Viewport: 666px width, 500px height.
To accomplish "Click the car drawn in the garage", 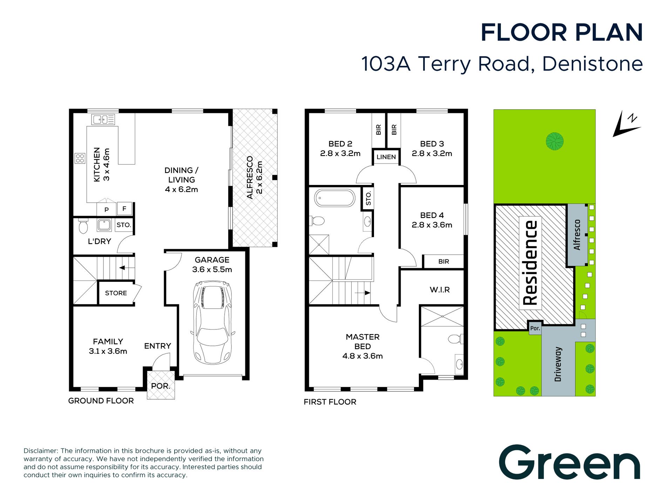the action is (x=212, y=322).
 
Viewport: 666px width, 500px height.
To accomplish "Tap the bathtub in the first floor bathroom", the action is (x=335, y=198).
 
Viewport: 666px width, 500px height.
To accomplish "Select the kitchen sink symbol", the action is (x=103, y=119).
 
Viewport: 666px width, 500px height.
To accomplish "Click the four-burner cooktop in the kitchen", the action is (x=80, y=158).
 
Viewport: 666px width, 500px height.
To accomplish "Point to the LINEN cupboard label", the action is (x=386, y=157).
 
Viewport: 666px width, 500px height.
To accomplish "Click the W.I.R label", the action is (x=440, y=290).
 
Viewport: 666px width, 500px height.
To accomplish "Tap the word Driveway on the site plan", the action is (x=558, y=364).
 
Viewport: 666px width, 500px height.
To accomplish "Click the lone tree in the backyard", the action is (x=555, y=141).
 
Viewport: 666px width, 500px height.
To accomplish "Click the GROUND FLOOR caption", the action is (x=101, y=401).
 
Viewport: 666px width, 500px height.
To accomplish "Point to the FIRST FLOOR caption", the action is (x=330, y=402).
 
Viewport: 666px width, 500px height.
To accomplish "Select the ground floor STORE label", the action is (x=116, y=293).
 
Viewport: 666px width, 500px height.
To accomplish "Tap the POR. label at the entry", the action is (x=161, y=386).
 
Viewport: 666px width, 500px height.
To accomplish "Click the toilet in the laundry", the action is (x=83, y=226).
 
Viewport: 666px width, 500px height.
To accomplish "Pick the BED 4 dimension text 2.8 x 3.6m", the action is (x=432, y=225).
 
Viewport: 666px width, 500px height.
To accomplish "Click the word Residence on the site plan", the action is (x=530, y=263).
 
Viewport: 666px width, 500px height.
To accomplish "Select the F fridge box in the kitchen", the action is (x=124, y=208).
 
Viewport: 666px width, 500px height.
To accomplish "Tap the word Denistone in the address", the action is (x=592, y=64).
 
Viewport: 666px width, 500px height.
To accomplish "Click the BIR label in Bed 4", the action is (x=443, y=261).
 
